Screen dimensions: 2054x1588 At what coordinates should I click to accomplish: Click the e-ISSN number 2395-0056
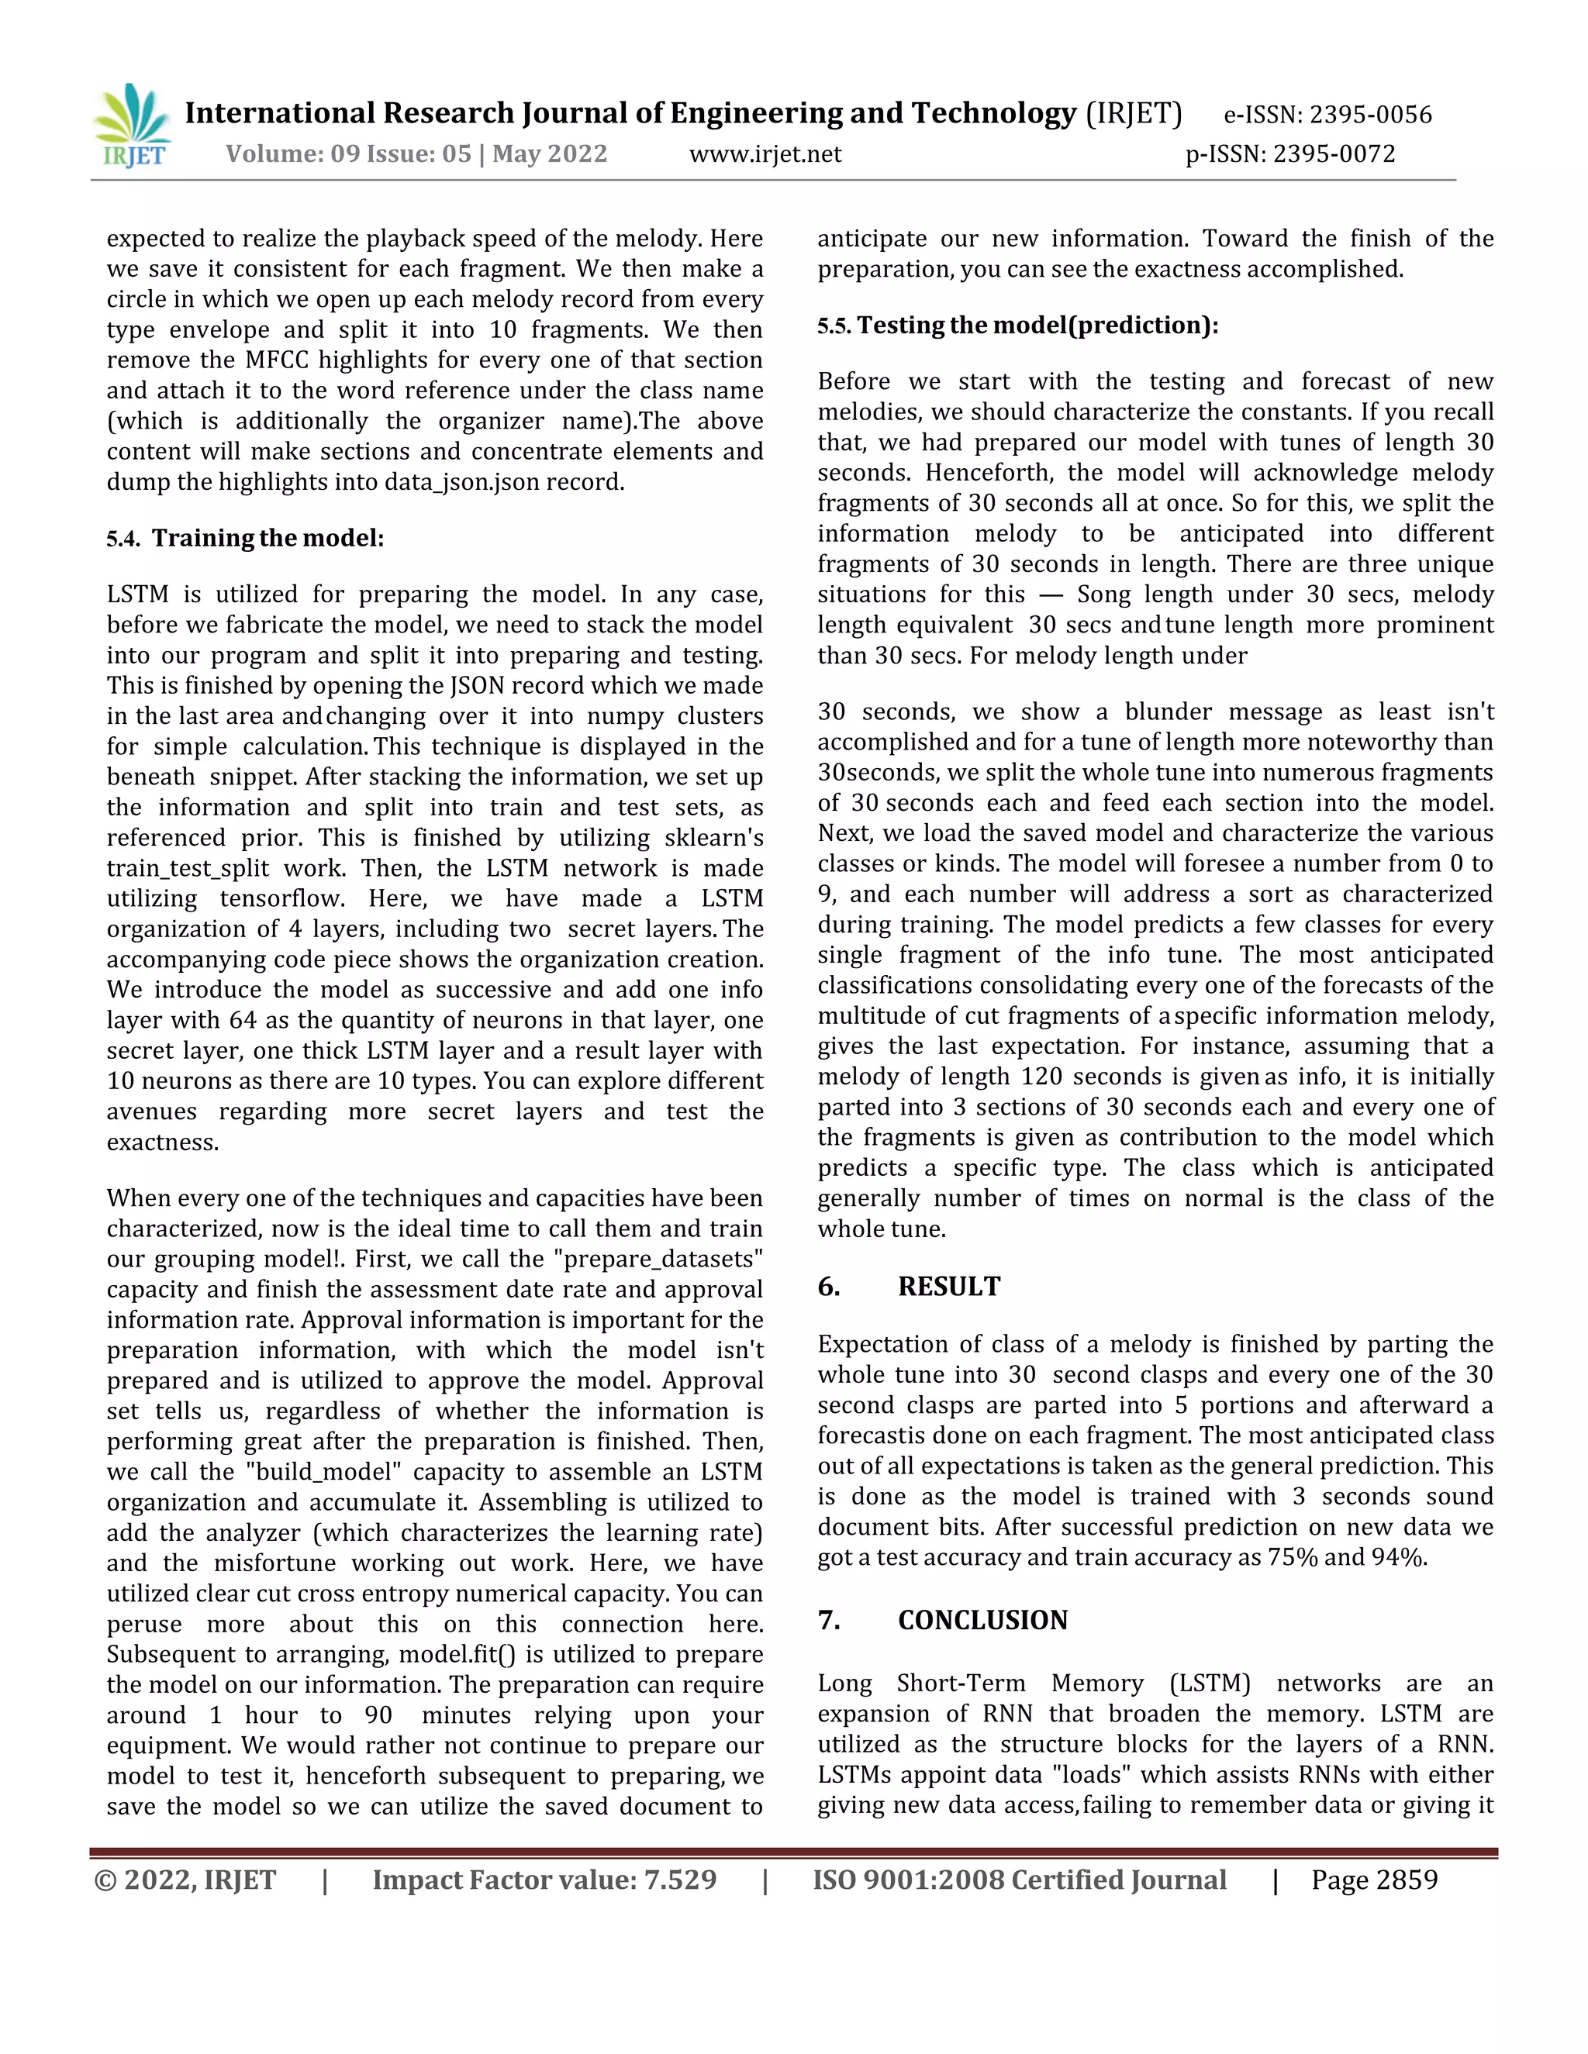1371,115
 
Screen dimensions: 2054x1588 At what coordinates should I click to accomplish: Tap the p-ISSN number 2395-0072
1334,154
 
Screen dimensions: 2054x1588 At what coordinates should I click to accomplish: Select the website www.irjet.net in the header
765,154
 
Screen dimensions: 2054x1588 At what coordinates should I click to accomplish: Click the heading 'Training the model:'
268,539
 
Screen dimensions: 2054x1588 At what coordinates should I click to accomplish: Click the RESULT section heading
948,1287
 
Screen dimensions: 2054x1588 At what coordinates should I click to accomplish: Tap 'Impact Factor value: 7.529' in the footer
544,1880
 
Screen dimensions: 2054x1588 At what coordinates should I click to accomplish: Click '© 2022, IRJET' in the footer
185,1880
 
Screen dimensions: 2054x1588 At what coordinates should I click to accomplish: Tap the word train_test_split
187,869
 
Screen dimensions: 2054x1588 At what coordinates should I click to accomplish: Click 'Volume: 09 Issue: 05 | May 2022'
416,154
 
